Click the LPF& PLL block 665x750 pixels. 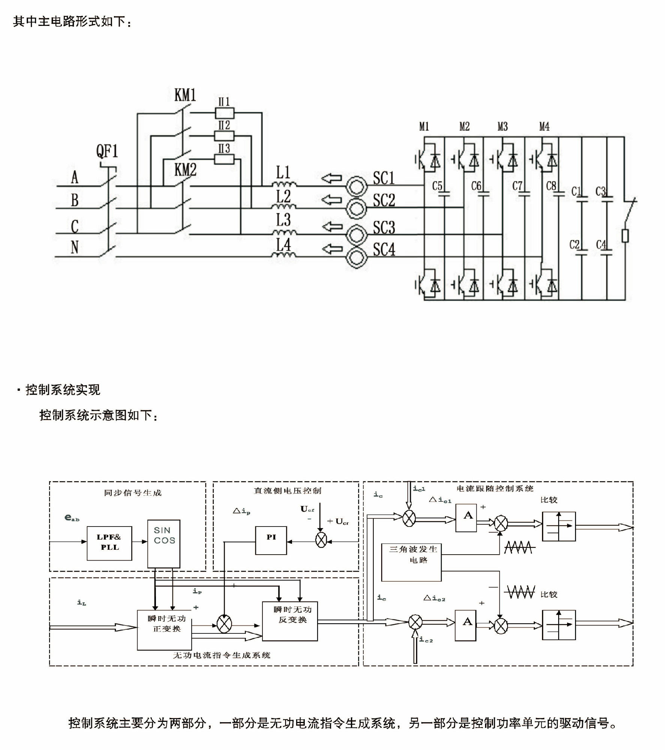(x=109, y=543)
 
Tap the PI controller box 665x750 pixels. (x=271, y=540)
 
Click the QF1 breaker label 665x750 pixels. (x=107, y=151)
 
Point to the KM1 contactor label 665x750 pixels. (x=185, y=95)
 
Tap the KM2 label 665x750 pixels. (x=185, y=170)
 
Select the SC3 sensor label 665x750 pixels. (x=384, y=228)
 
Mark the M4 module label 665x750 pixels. (x=544, y=127)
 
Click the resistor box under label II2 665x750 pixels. (x=224, y=136)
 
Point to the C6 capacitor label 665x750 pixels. (x=476, y=186)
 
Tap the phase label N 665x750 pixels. (x=75, y=247)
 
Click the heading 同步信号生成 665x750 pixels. (x=133, y=493)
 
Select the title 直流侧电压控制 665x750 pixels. (x=288, y=490)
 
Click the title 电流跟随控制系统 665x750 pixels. (x=495, y=488)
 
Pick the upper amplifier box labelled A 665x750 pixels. (x=466, y=518)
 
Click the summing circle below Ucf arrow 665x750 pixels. (x=321, y=540)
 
